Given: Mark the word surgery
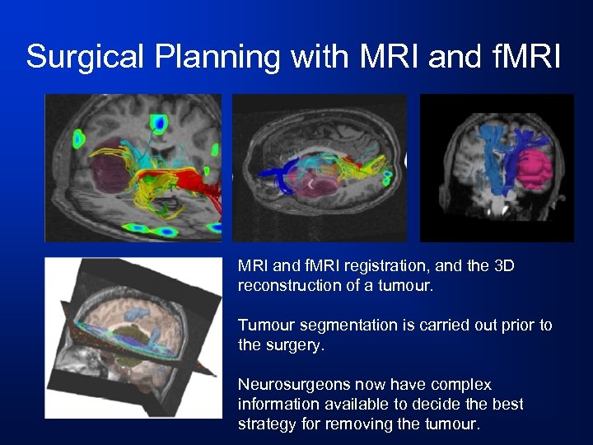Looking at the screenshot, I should click(x=294, y=344).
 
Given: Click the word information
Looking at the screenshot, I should click(x=274, y=404).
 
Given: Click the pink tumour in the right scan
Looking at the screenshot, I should click(x=531, y=168).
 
